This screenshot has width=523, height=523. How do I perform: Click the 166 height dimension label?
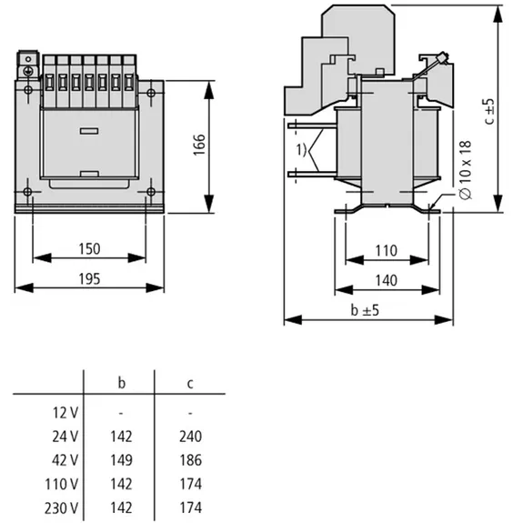(x=199, y=145)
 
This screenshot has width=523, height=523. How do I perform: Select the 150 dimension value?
(x=89, y=249)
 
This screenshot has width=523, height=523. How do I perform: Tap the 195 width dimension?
(x=89, y=279)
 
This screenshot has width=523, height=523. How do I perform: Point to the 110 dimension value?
(x=387, y=251)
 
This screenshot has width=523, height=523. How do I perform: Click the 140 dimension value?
(x=387, y=280)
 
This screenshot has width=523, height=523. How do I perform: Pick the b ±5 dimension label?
(x=365, y=310)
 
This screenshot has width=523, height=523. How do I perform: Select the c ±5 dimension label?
(x=490, y=111)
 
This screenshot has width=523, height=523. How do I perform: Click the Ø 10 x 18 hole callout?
(x=466, y=170)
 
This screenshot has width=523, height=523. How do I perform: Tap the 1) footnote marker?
(x=301, y=150)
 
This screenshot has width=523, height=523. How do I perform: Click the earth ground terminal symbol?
(x=28, y=71)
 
